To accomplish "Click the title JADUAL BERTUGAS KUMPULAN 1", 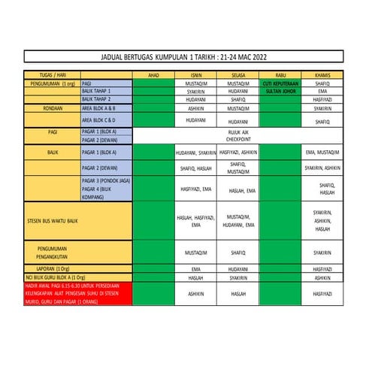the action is click(183, 57).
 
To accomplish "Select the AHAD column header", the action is click(153, 75).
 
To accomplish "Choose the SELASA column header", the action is click(237, 75).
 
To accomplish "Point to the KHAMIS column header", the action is click(322, 75).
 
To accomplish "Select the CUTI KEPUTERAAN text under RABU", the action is click(280, 83).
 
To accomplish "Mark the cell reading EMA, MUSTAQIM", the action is click(322, 153).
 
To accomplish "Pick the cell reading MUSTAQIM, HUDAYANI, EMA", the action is click(237, 220).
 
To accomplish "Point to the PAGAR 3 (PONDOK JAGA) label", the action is click(104, 181).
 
